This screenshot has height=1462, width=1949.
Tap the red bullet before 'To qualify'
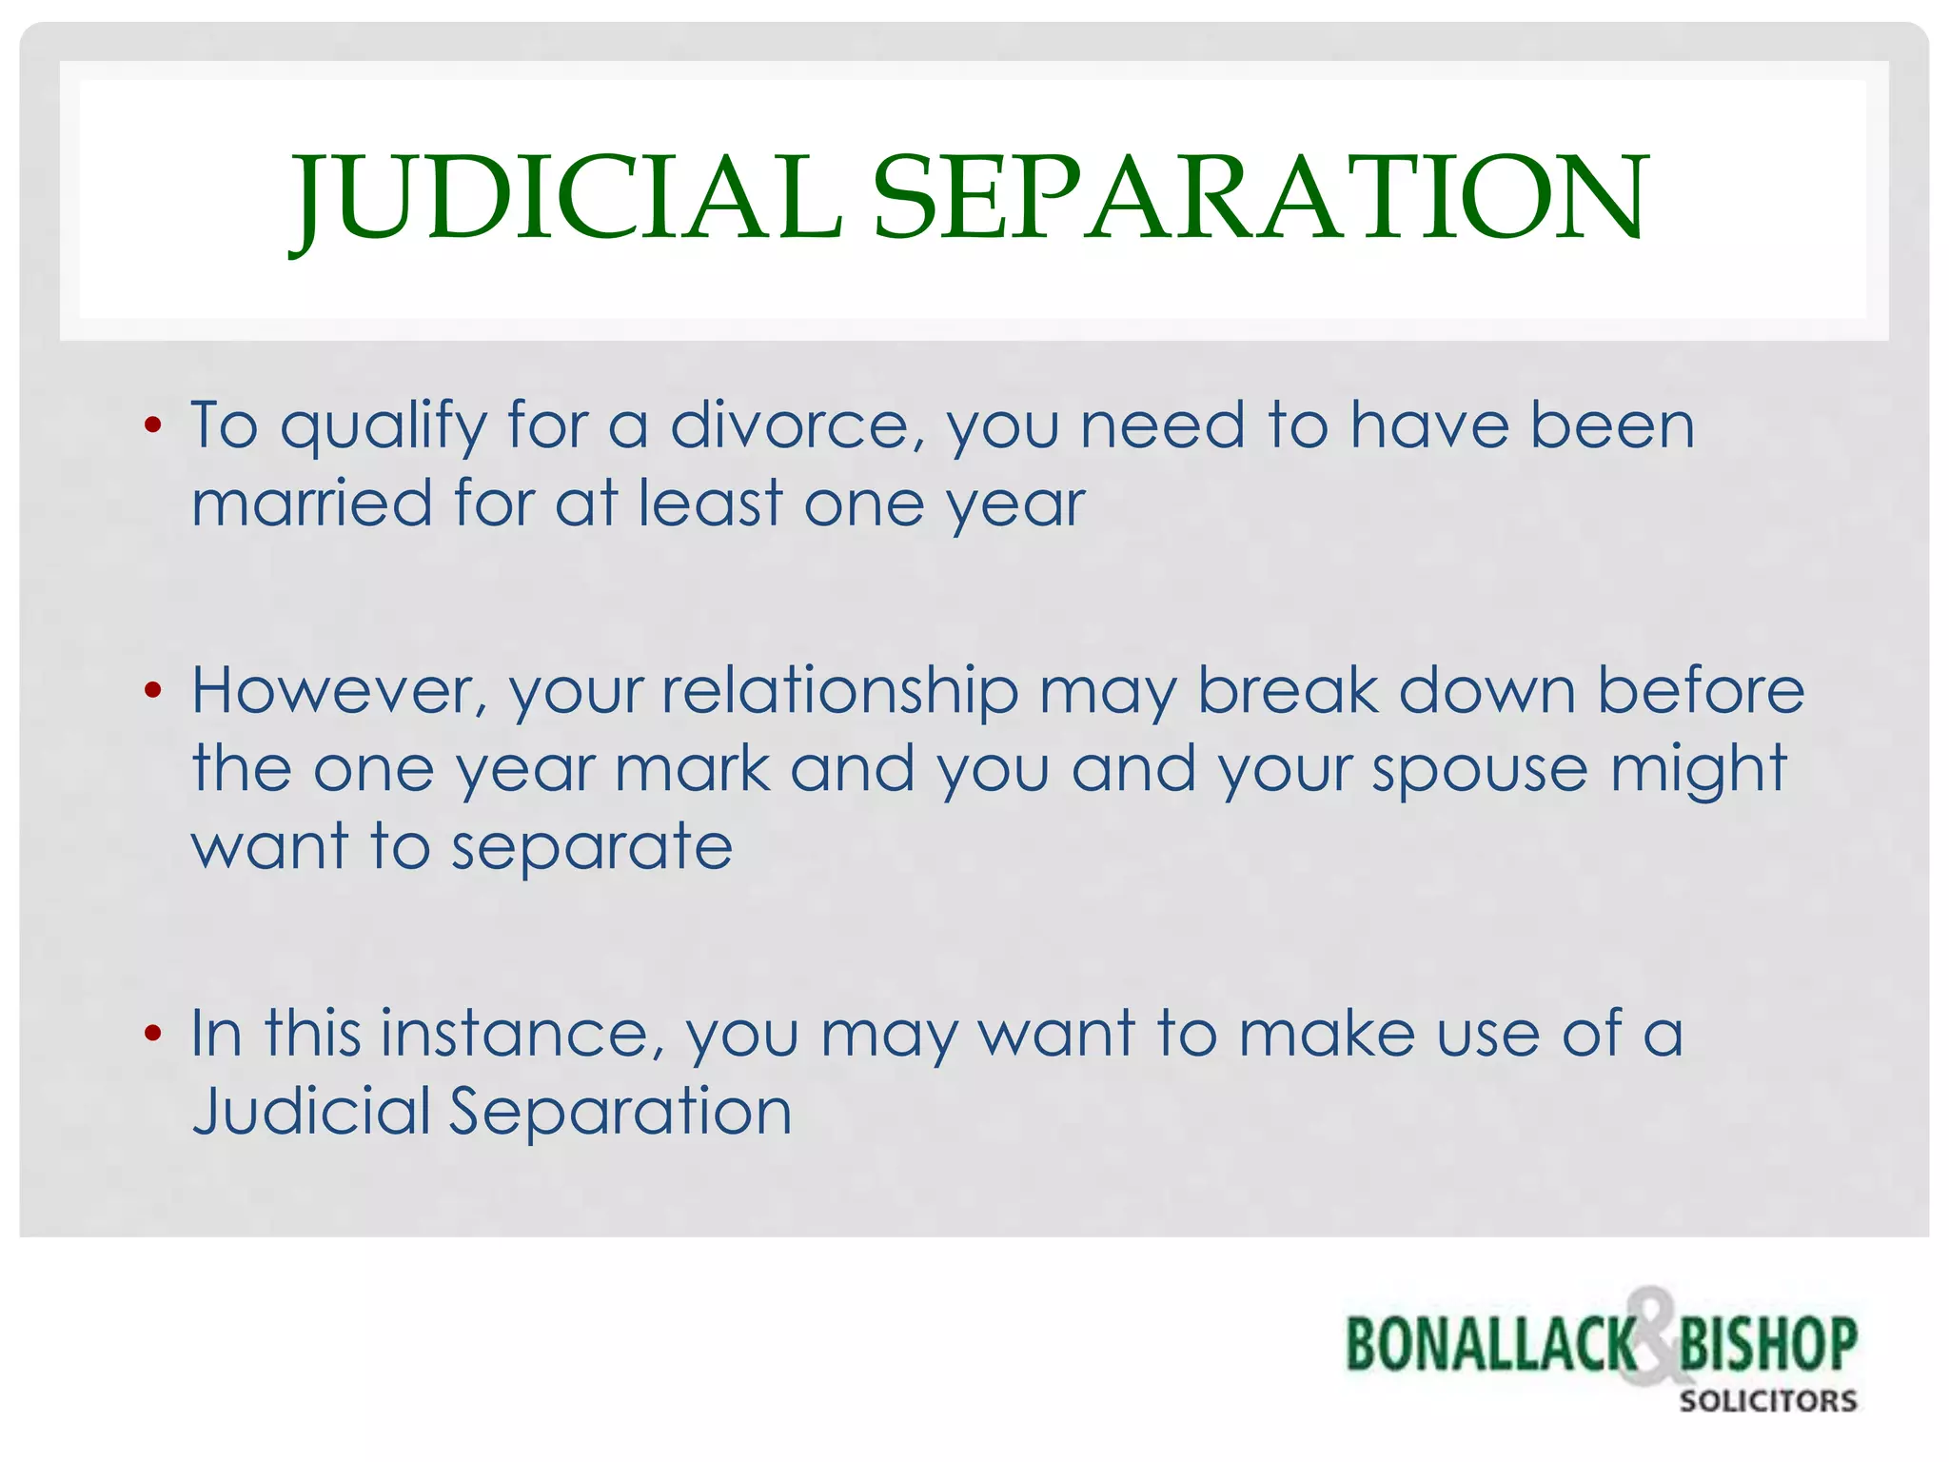152,425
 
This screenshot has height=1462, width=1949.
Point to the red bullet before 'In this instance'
152,1034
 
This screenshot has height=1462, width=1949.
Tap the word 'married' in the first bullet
312,504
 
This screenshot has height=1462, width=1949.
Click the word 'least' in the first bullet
710,504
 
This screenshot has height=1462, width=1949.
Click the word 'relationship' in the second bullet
839,693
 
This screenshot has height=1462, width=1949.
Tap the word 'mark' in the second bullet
692,769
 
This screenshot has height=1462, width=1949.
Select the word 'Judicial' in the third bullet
311,1112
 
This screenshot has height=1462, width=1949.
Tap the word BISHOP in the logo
1767,1345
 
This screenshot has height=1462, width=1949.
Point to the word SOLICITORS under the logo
1767,1401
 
